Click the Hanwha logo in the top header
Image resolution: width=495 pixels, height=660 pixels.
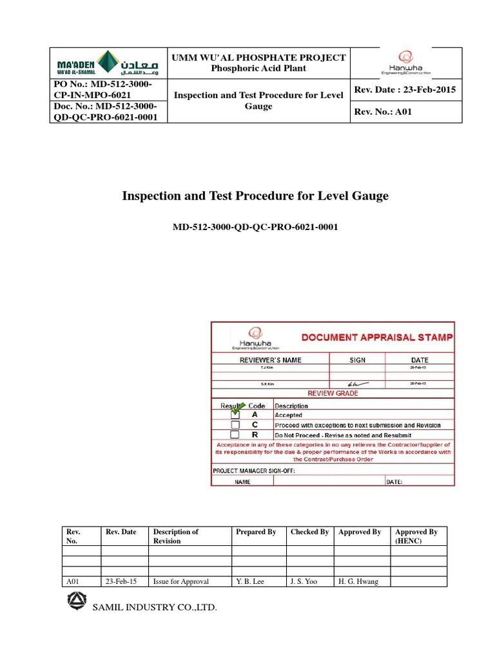(x=405, y=63)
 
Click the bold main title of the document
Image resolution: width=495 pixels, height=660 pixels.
(x=256, y=195)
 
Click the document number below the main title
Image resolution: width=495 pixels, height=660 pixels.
(x=256, y=227)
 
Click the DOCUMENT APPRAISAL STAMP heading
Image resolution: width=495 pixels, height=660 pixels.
(x=378, y=337)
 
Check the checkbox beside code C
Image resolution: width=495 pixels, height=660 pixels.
(x=235, y=425)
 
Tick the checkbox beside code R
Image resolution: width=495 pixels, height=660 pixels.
(x=235, y=435)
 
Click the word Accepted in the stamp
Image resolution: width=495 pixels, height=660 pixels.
(x=288, y=416)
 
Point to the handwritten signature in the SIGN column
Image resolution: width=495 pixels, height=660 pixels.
(x=356, y=383)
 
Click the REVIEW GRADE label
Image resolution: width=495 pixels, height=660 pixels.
(x=333, y=393)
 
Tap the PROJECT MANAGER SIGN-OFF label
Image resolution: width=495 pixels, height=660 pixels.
(x=254, y=471)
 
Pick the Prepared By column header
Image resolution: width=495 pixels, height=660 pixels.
(x=256, y=532)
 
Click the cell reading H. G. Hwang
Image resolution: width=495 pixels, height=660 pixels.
(x=359, y=581)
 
